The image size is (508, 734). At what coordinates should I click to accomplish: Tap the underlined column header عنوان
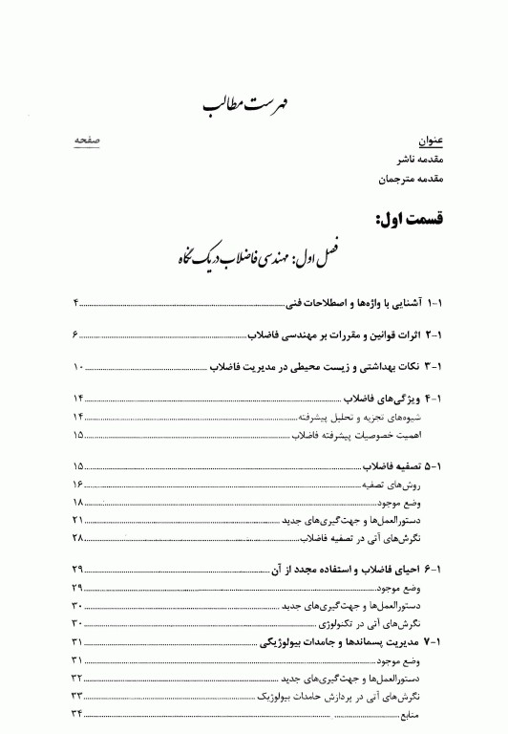pos(419,140)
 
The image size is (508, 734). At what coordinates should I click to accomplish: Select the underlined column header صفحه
pos(88,140)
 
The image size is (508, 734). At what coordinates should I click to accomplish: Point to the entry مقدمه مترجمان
pos(399,179)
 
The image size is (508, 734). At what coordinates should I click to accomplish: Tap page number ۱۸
pos(77,503)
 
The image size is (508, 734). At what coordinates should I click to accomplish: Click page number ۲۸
pos(77,539)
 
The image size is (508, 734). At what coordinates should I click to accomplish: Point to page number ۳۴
pos(77,715)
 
